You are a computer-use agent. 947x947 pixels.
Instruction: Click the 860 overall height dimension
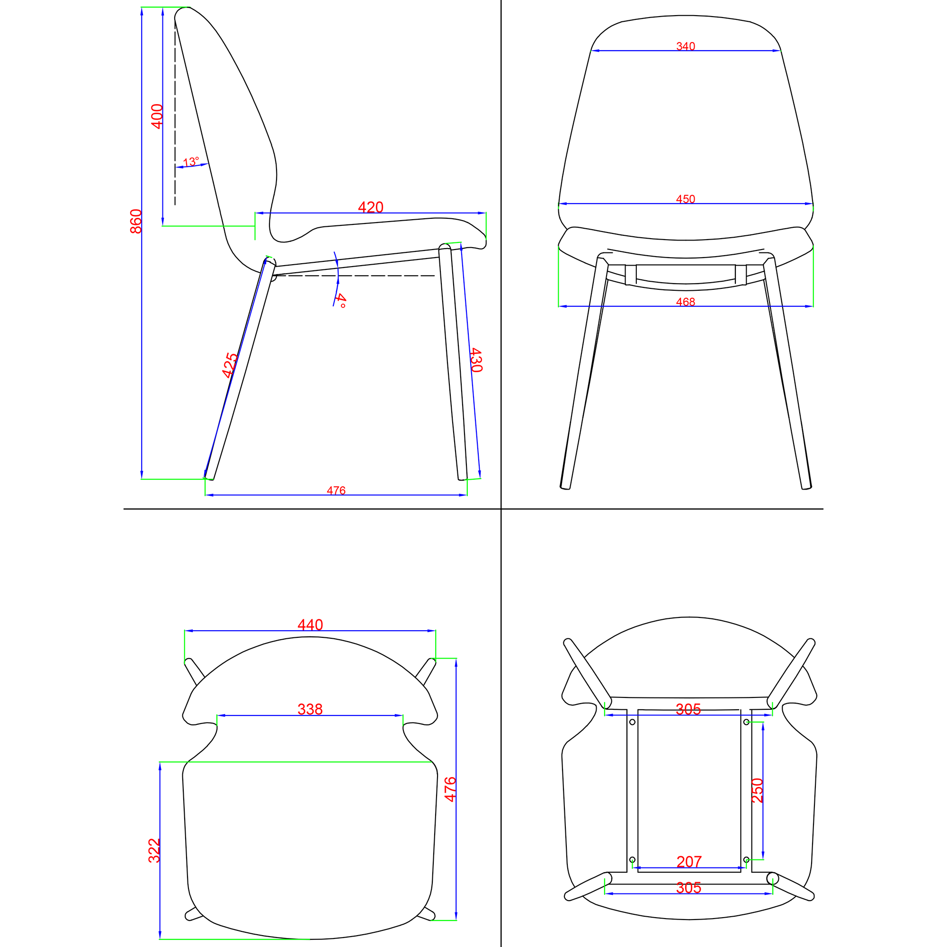click(136, 221)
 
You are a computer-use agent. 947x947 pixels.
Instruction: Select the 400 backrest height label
click(157, 116)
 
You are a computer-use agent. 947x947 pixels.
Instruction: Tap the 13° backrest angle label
click(191, 162)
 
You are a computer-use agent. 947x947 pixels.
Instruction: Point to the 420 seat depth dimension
click(371, 207)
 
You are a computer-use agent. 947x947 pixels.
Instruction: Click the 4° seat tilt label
click(341, 301)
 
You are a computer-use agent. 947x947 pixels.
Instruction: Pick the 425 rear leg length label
click(230, 365)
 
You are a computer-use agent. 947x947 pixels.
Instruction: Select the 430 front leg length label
click(476, 360)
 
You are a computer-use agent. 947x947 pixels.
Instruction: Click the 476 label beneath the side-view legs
click(336, 491)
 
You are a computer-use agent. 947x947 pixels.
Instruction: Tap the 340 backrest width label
click(686, 46)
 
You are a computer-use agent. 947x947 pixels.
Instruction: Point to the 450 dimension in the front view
click(686, 199)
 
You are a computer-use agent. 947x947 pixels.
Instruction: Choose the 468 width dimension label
click(686, 302)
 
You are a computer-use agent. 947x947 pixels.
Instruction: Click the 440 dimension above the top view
click(310, 625)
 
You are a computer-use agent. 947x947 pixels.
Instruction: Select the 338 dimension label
click(310, 709)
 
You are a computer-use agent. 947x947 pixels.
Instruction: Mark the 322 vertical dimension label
click(154, 850)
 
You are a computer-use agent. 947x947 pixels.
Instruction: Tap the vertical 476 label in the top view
click(450, 790)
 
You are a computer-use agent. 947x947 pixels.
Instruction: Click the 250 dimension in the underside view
click(758, 790)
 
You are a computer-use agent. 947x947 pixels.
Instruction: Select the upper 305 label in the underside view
click(688, 709)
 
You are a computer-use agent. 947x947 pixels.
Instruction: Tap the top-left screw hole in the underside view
click(632, 722)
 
